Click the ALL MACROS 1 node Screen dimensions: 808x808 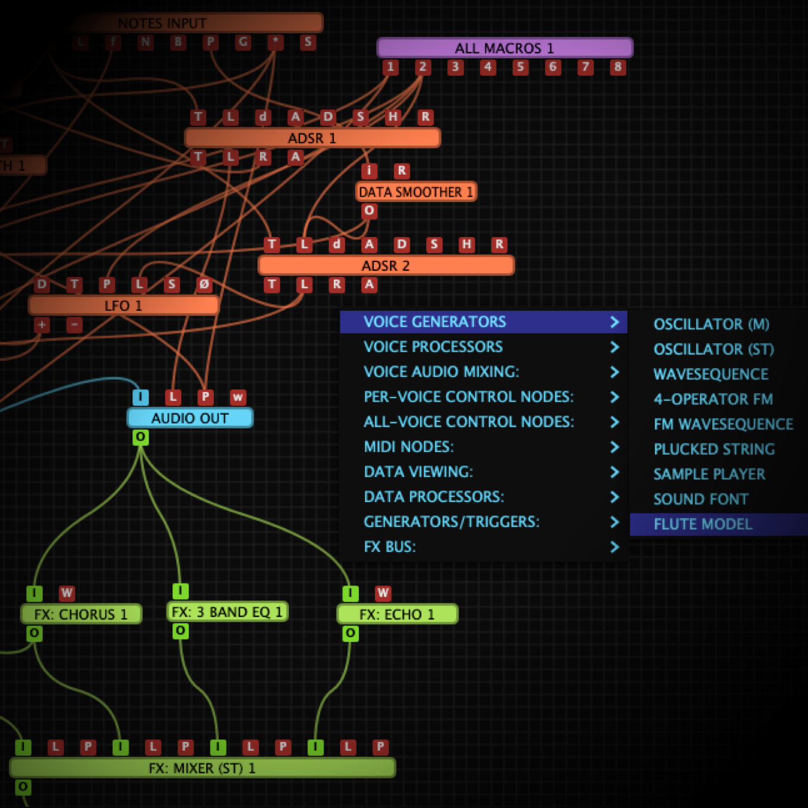(504, 48)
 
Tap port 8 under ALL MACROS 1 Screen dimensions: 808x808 (618, 67)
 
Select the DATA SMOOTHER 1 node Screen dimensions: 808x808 (416, 192)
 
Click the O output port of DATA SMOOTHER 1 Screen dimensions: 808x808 (369, 211)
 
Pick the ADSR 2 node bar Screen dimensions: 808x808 (386, 266)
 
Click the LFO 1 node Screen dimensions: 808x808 (123, 306)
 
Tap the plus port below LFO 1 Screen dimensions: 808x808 (42, 325)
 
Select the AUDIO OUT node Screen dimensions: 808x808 (190, 418)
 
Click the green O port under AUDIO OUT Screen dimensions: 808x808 (140, 437)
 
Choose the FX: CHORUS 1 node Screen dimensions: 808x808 (81, 614)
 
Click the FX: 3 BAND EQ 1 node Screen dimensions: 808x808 (227, 612)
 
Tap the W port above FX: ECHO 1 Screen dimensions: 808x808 (383, 593)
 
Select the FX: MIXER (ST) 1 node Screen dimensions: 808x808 (202, 768)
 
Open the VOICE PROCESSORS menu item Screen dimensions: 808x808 (433, 347)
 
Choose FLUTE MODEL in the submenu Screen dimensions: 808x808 (703, 525)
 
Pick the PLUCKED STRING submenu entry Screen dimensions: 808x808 (714, 449)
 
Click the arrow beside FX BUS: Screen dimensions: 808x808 (614, 547)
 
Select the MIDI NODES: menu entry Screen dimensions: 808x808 (409, 447)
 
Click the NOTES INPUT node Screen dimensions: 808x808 (162, 23)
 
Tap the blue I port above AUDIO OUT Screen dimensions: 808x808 (140, 397)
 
